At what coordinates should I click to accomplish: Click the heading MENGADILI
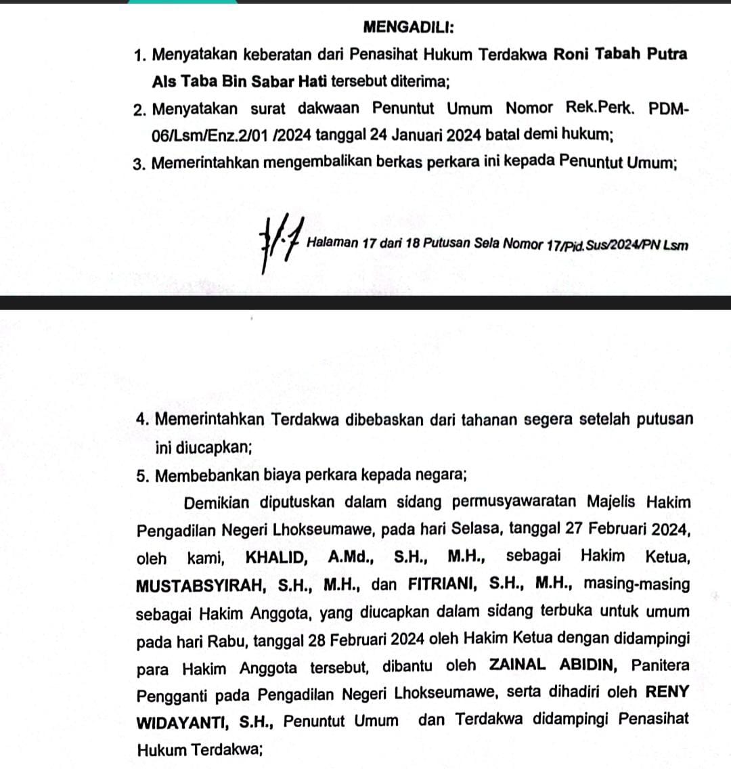(x=409, y=27)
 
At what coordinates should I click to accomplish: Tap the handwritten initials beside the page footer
(x=280, y=244)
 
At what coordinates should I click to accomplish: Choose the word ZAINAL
(x=518, y=666)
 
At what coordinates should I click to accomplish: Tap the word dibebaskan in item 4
(x=385, y=420)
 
